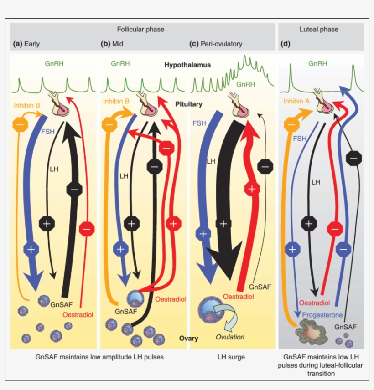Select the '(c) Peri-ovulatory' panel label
(x=216, y=44)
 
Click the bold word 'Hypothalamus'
(x=187, y=65)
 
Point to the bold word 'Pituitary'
(x=189, y=104)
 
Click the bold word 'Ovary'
(x=188, y=339)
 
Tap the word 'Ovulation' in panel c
(x=230, y=337)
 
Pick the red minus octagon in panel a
(x=86, y=227)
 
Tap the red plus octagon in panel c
(x=252, y=188)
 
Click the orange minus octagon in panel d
(x=292, y=123)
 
